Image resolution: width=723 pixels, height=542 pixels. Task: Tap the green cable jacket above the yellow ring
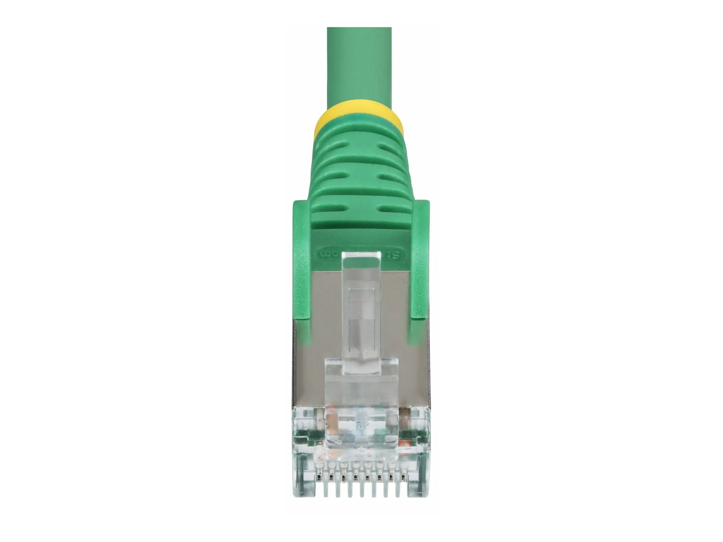click(359, 65)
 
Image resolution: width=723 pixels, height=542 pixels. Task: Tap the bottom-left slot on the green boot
click(328, 208)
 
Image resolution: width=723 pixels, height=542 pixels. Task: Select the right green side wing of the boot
click(420, 261)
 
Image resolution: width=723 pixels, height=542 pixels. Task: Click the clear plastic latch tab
click(361, 310)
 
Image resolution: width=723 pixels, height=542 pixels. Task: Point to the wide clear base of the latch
click(361, 392)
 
